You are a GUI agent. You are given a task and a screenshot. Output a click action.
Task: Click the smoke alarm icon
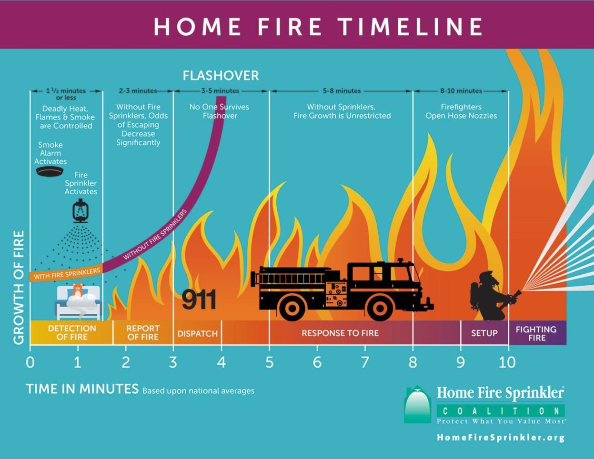click(50, 171)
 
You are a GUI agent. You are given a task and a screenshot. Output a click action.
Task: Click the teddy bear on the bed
click(77, 290)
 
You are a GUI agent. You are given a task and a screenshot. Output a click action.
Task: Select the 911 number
click(199, 299)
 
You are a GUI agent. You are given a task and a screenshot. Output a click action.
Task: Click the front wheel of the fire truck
click(380, 308)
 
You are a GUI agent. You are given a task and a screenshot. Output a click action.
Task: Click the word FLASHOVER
click(221, 75)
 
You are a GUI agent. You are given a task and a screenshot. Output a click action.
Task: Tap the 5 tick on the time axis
click(269, 363)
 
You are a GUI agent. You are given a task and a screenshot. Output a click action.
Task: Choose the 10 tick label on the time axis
click(507, 363)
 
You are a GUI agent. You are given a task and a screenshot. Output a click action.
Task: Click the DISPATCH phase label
click(197, 333)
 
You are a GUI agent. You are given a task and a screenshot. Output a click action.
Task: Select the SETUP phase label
click(484, 333)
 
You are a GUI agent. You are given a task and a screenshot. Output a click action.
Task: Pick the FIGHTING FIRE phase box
click(536, 333)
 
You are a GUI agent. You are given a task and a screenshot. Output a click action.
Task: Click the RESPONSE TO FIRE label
click(340, 333)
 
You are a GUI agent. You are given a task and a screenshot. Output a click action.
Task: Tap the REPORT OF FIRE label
click(143, 332)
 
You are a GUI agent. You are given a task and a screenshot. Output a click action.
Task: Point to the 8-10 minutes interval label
click(461, 90)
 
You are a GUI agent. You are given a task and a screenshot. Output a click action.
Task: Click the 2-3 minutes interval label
click(138, 90)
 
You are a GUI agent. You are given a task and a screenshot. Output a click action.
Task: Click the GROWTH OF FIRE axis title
click(19, 287)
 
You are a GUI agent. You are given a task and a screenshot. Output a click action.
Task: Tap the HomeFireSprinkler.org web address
click(501, 438)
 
